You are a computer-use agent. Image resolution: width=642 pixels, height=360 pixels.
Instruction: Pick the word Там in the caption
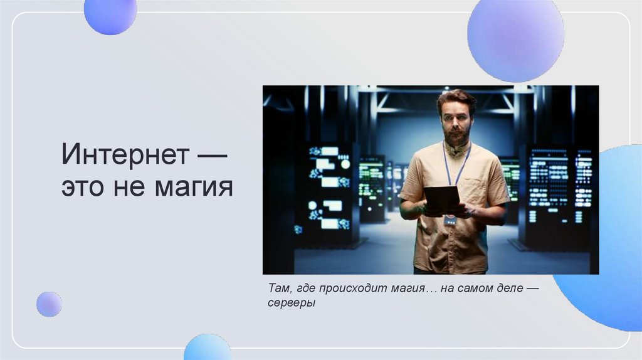coord(276,289)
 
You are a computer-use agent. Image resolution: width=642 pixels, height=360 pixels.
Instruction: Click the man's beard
coord(456,135)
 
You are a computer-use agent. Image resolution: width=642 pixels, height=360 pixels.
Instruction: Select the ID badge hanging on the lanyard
coord(450,220)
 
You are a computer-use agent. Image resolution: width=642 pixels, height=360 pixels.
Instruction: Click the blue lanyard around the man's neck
coord(463,166)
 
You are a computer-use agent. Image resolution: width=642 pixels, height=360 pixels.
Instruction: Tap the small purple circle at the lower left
coord(49,304)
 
